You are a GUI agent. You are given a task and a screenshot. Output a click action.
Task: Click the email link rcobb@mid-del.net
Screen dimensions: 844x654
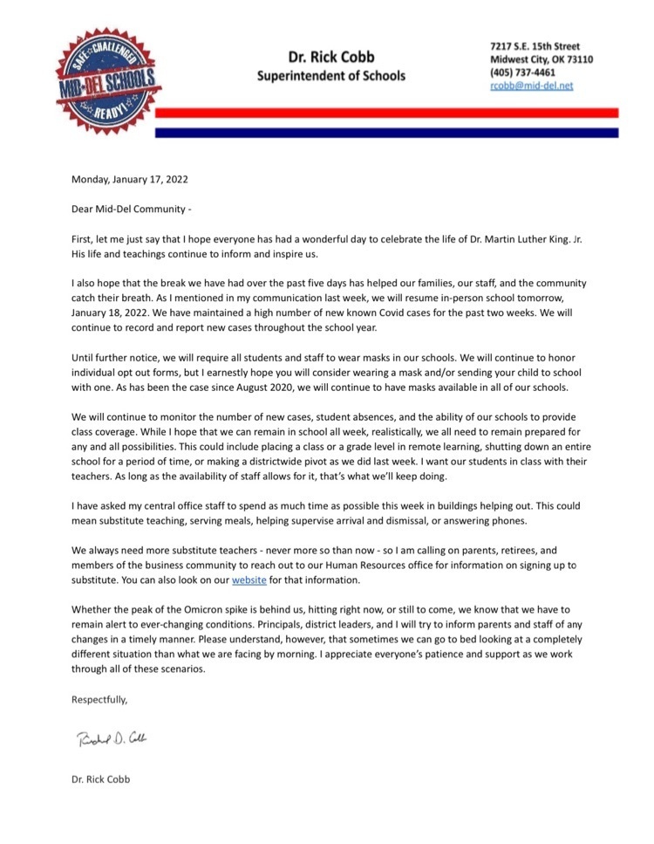tap(531, 86)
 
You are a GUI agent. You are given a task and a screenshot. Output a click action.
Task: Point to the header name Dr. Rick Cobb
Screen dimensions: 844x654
tap(330, 58)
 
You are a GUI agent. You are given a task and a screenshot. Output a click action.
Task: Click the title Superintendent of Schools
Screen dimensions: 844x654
tap(330, 76)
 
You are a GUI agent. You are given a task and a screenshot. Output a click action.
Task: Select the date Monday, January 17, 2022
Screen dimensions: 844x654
tap(130, 180)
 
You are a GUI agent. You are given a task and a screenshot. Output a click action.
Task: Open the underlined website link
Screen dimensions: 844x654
tap(249, 580)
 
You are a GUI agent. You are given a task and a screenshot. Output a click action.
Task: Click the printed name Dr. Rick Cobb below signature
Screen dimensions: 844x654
tap(100, 779)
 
